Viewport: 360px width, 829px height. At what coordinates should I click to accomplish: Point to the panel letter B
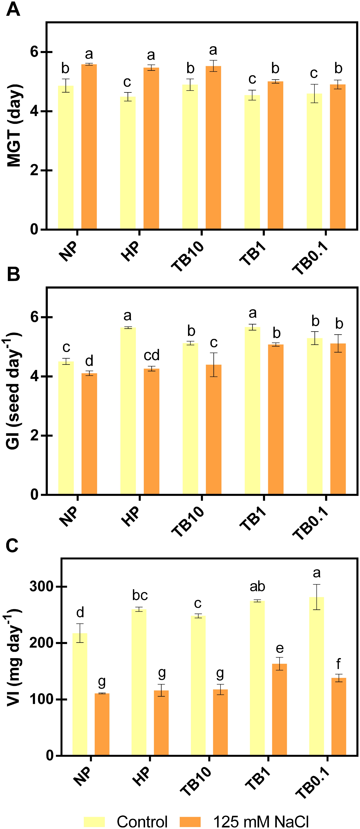pos(13,274)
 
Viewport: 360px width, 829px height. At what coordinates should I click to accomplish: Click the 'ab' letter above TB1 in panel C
pos(257,586)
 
